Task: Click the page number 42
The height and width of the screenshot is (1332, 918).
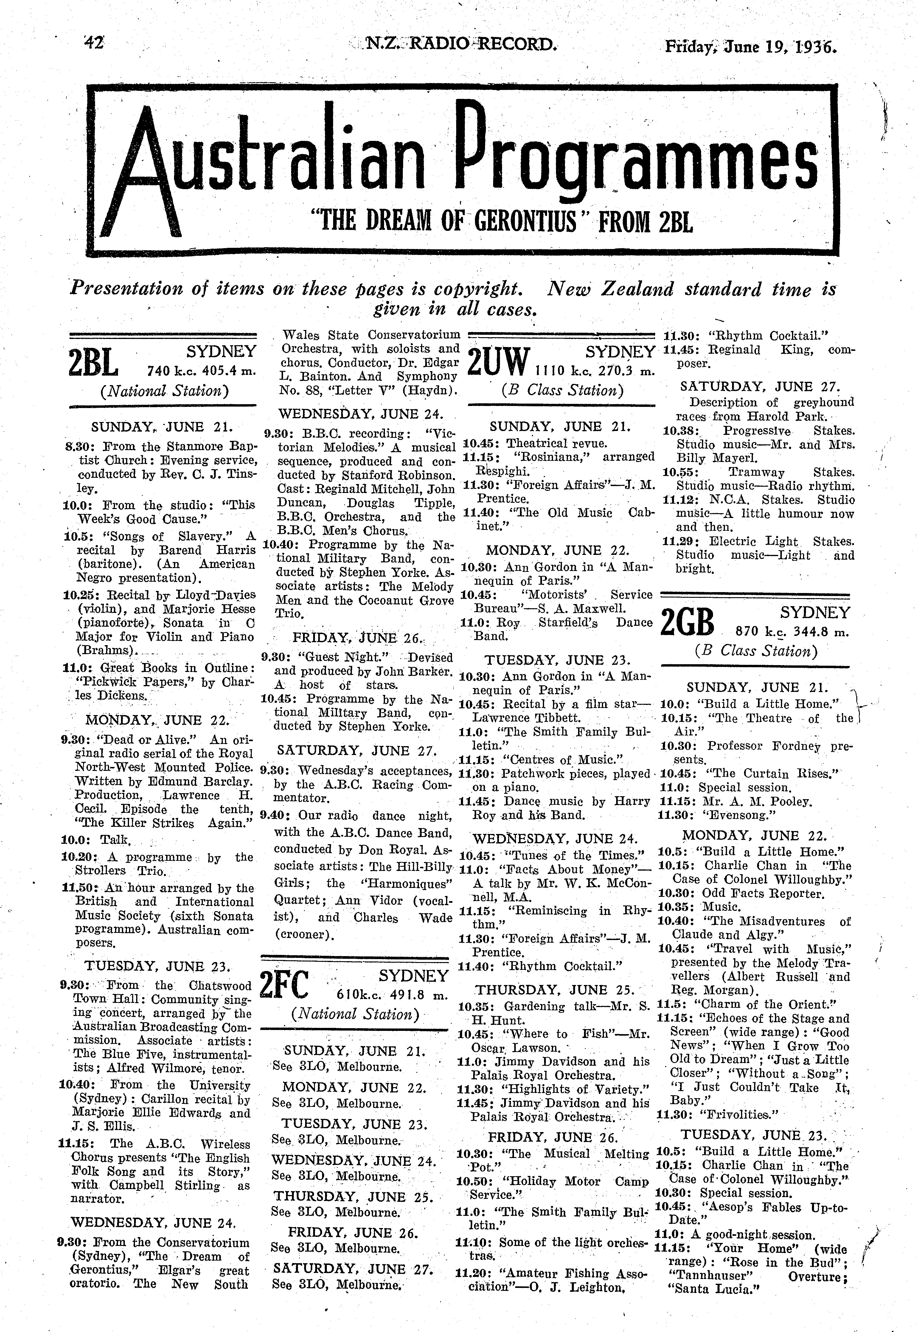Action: point(93,44)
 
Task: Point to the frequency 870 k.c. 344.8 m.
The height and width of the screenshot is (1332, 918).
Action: point(792,632)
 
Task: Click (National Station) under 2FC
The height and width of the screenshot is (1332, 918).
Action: point(355,1014)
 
